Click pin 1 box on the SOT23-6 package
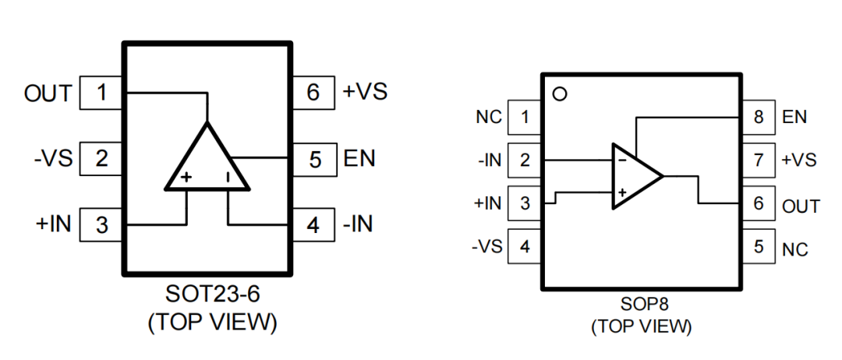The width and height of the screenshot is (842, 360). (102, 94)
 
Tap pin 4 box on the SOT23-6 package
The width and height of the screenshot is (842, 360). (313, 225)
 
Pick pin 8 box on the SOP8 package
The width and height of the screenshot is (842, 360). (759, 118)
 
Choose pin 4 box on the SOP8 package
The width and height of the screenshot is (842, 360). (525, 247)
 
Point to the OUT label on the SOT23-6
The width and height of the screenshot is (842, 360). (47, 94)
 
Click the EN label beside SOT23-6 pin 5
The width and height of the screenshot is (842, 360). (359, 158)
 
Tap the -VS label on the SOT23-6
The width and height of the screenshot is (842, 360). (52, 159)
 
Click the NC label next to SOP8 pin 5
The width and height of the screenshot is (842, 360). (794, 249)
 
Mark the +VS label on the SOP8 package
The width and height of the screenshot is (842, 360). (798, 160)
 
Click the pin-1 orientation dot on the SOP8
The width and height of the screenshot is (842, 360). (558, 94)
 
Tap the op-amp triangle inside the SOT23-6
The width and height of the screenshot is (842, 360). (207, 164)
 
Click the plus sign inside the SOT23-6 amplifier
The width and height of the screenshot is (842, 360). (186, 178)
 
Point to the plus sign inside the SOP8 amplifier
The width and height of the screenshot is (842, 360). (622, 192)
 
